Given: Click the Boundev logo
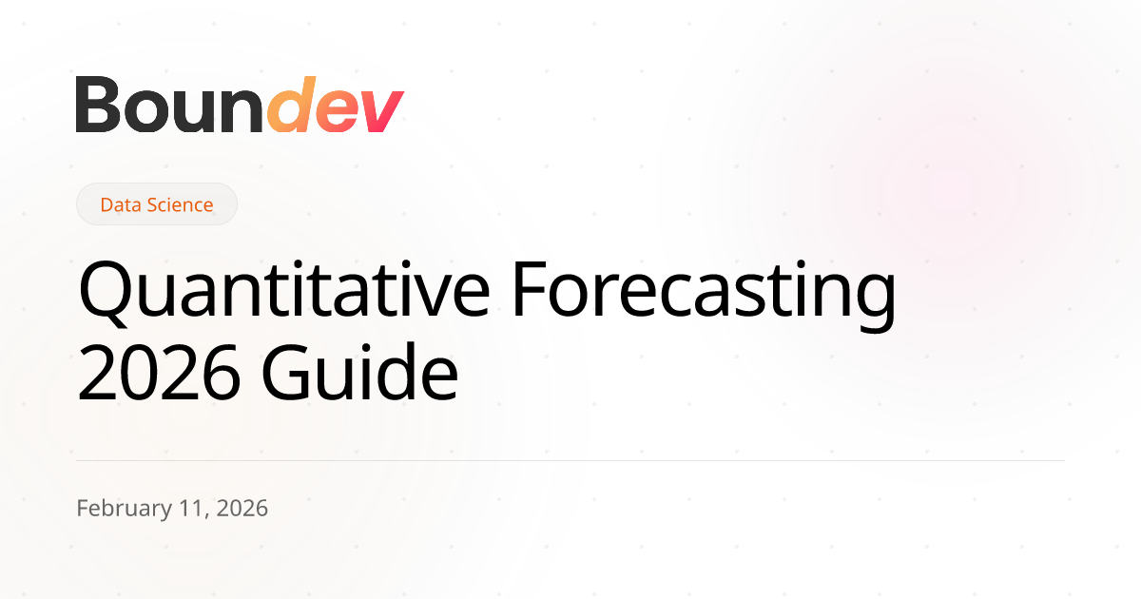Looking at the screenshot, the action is [240, 105].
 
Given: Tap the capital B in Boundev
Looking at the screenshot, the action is [98, 105].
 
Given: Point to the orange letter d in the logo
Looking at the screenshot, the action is [291, 105].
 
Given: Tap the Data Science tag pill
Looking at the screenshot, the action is [156, 204].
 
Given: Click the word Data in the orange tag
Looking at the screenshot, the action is [120, 204].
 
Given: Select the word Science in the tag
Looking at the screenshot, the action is [180, 204].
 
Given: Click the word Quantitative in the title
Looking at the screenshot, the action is [283, 290].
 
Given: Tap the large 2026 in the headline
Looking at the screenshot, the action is [159, 373].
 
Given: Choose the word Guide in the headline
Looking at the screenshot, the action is [359, 371].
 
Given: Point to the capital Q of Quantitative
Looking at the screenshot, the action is [104, 294].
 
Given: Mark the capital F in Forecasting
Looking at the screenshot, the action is [530, 289].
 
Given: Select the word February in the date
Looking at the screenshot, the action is [125, 509].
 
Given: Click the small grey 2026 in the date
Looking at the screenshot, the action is [242, 509].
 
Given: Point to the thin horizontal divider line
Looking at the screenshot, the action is [570, 460].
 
